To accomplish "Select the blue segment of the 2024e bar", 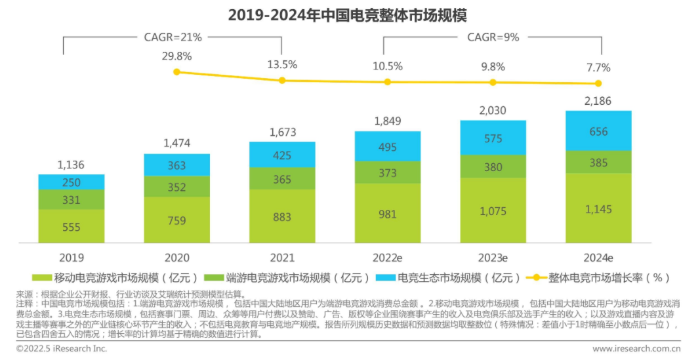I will click(x=598, y=131).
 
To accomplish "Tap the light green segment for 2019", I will click(x=71, y=226).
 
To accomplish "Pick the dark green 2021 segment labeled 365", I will click(x=282, y=179).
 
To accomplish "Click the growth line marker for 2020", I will click(x=176, y=71).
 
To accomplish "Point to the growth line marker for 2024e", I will click(x=598, y=83).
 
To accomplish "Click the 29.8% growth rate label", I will click(x=177, y=56).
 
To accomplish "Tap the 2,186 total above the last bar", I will click(x=598, y=100).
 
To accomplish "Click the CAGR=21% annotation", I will click(x=173, y=37).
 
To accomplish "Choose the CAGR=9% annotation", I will click(x=493, y=37).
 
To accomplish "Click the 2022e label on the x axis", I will click(x=387, y=257).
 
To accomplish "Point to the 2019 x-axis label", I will click(x=71, y=257).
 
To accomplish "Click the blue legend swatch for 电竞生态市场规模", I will click(x=387, y=278).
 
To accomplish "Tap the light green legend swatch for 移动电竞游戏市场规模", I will click(x=41, y=278).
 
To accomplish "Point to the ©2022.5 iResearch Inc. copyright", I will click(x=62, y=348).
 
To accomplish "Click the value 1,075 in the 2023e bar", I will click(x=493, y=212).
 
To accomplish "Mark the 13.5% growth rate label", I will click(x=282, y=64).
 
